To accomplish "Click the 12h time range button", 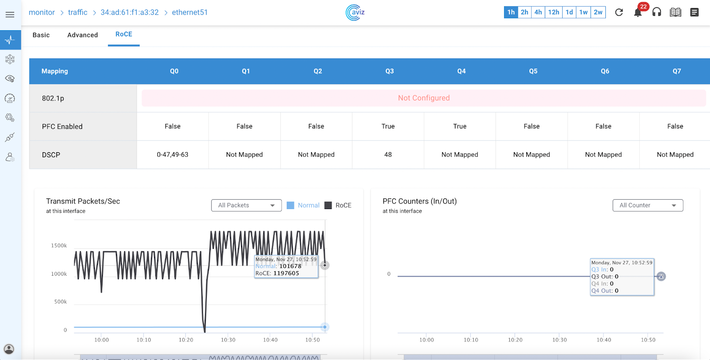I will coord(553,12).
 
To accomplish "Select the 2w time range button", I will coord(598,12).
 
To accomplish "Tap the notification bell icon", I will coord(638,12).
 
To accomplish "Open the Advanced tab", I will coord(83,35).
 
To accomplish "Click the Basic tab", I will coord(41,35).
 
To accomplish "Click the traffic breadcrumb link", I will coord(78,12).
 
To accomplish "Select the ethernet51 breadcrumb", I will coord(189,12).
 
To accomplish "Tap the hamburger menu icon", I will coord(10,15).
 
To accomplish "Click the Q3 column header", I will coord(389,71).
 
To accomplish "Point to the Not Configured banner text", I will coord(424,98).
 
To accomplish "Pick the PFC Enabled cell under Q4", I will coord(460,127).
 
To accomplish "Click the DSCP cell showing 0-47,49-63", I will coord(173,154).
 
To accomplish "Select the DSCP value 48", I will coord(388,154).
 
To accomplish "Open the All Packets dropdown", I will coord(246,206).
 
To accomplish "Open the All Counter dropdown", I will coord(647,206).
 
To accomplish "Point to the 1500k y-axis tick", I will coord(59,245).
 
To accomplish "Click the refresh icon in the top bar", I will coord(619,12).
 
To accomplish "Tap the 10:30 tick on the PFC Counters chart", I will coord(560,340).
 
